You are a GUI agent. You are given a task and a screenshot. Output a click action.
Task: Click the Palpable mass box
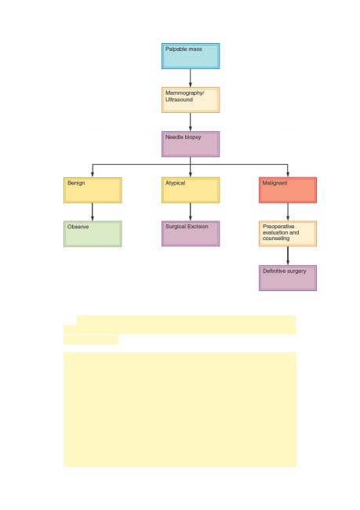pyautogui.click(x=191, y=56)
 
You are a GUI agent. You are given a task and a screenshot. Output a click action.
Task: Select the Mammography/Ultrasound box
pyautogui.click(x=191, y=100)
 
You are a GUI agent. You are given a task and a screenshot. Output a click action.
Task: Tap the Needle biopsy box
pyautogui.click(x=191, y=144)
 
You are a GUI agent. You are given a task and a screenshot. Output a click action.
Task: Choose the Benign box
pyautogui.click(x=93, y=191)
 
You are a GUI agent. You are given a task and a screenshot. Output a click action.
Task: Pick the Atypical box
pyautogui.click(x=191, y=191)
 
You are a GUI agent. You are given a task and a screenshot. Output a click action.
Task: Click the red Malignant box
pyautogui.click(x=288, y=191)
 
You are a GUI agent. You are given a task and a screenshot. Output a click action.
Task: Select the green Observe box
pyautogui.click(x=93, y=234)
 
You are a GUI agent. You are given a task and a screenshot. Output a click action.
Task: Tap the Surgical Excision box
pyautogui.click(x=191, y=234)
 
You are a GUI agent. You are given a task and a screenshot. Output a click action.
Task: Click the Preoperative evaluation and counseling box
pyautogui.click(x=288, y=234)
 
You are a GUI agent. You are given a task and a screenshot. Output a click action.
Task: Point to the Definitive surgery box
pyautogui.click(x=288, y=278)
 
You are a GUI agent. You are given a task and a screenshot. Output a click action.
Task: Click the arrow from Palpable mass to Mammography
pyautogui.click(x=191, y=78)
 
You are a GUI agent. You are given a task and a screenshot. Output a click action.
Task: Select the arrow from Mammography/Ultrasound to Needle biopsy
pyautogui.click(x=191, y=122)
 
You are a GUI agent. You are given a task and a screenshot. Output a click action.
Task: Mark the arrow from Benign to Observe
pyautogui.click(x=93, y=212)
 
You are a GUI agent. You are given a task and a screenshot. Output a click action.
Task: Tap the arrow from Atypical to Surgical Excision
pyautogui.click(x=191, y=212)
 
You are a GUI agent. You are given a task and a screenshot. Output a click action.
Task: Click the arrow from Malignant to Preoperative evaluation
pyautogui.click(x=288, y=212)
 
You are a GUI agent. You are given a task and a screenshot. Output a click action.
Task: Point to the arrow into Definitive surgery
pyautogui.click(x=288, y=256)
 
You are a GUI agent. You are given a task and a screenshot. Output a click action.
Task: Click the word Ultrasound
pyautogui.click(x=179, y=100)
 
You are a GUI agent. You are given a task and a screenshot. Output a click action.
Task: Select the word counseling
pyautogui.click(x=276, y=239)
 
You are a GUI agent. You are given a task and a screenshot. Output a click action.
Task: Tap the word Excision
pyautogui.click(x=198, y=227)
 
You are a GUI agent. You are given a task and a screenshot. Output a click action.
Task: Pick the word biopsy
pyautogui.click(x=192, y=137)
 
